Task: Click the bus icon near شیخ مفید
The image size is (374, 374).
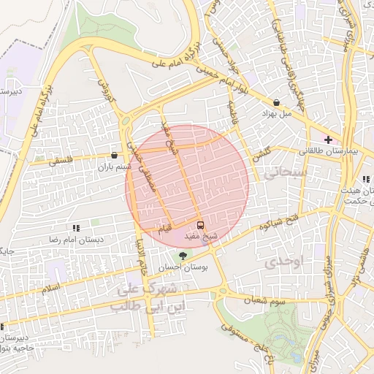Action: pyautogui.click(x=201, y=225)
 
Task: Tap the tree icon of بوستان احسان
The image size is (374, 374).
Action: pyautogui.click(x=182, y=254)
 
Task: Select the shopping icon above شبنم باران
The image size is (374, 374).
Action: pyautogui.click(x=115, y=155)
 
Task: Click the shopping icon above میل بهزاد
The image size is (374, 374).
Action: pyautogui.click(x=276, y=103)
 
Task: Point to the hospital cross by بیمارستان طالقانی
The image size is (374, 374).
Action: pyautogui.click(x=328, y=139)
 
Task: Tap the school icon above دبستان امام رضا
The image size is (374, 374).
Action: pyautogui.click(x=76, y=228)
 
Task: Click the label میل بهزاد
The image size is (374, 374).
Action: pyautogui.click(x=277, y=114)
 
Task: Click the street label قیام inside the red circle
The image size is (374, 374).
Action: pyautogui.click(x=167, y=226)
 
